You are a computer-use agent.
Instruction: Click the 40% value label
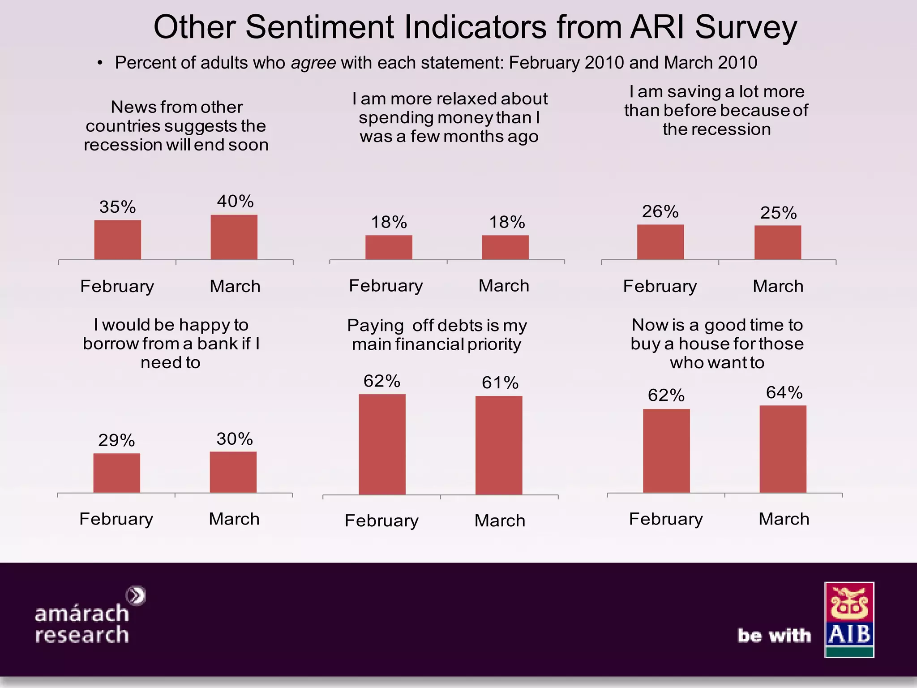click(235, 201)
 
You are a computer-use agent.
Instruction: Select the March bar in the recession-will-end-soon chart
click(234, 237)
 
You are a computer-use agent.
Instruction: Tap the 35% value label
click(117, 207)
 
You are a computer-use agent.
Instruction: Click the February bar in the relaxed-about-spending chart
click(389, 247)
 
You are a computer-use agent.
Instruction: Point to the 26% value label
click(660, 211)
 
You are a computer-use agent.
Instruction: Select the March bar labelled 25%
click(777, 242)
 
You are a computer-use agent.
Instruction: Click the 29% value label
click(116, 440)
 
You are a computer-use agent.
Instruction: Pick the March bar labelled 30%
click(233, 472)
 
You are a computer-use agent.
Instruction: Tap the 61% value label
click(500, 383)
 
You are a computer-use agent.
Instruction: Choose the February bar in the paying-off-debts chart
click(382, 444)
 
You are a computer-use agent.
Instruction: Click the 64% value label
click(784, 392)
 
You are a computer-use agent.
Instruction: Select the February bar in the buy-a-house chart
click(666, 451)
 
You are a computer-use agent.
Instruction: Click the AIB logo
click(849, 619)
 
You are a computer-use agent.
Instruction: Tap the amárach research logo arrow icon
click(136, 596)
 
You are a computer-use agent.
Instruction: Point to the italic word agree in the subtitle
click(313, 63)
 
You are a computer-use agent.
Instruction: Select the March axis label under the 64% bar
click(784, 519)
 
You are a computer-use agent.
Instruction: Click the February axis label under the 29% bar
click(116, 519)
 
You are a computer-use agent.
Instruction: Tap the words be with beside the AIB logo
click(774, 636)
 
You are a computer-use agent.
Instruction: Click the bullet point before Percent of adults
click(100, 63)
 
